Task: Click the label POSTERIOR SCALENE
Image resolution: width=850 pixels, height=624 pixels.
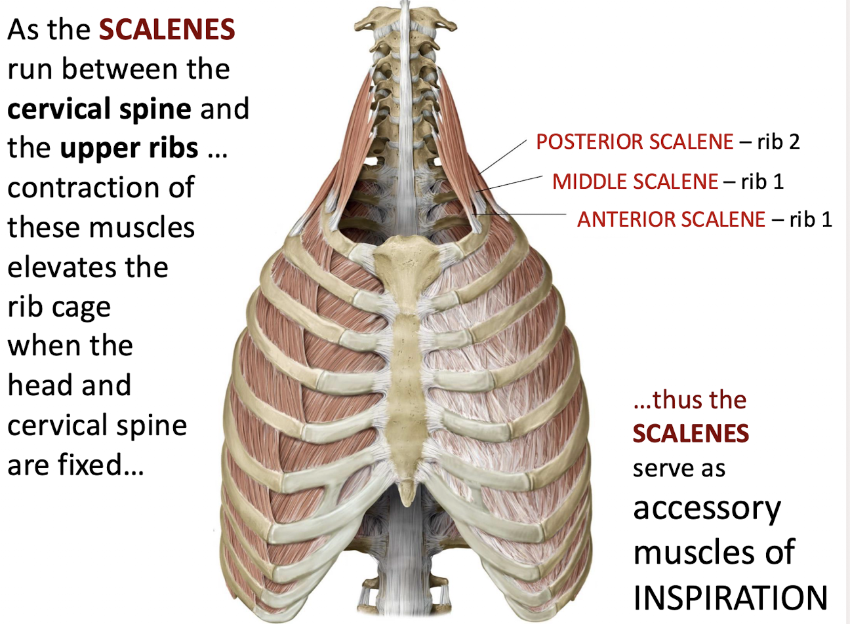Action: (x=634, y=142)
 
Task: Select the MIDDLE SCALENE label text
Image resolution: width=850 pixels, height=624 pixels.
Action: (x=635, y=181)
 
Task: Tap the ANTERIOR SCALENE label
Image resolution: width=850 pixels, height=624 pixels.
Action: (x=671, y=219)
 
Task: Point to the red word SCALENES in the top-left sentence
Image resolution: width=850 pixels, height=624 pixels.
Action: (x=167, y=30)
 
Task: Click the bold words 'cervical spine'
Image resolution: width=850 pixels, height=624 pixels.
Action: (x=99, y=109)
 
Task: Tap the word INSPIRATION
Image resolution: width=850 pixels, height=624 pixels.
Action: (x=730, y=597)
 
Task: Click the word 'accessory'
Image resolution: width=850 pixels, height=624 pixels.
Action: (x=707, y=509)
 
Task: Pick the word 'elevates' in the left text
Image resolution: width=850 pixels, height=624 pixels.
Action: (x=88, y=267)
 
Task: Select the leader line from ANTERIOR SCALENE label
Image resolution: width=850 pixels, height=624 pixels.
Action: (x=521, y=214)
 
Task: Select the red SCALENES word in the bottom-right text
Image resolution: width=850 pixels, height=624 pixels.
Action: (x=691, y=434)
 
